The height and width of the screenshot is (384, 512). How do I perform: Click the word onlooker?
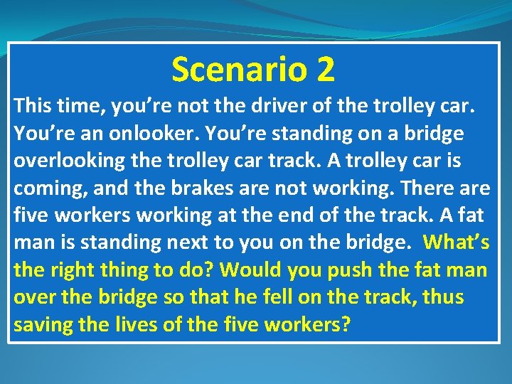click(134, 134)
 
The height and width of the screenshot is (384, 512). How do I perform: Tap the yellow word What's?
click(456, 242)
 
